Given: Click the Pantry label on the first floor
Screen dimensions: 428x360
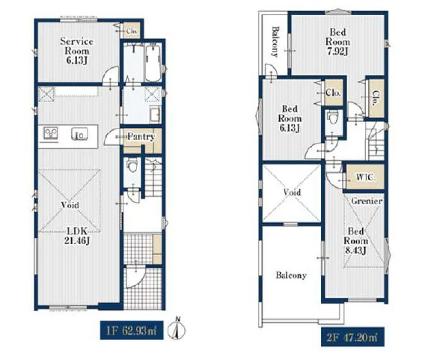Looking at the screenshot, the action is pos(141,136).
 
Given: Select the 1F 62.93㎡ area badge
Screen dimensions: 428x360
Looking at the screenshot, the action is pos(132,330).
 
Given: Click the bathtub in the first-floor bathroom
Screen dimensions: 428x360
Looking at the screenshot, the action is pos(152,63).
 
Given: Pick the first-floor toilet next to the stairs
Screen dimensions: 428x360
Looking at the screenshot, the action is pos(132,165).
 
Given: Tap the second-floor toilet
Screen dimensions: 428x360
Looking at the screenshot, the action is pos(332,118).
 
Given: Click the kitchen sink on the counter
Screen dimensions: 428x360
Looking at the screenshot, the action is pos(80,134).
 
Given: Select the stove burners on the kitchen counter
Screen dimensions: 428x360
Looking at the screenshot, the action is pos(51,134).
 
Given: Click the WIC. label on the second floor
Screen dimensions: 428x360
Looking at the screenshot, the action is pos(365,178).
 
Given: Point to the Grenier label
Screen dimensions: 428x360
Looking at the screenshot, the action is pos(366,201).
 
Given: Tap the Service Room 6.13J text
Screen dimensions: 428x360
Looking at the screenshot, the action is pos(77,51).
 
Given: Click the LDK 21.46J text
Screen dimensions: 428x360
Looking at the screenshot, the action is pos(77,236).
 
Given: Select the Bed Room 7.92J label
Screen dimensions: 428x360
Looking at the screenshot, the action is pos(338,42).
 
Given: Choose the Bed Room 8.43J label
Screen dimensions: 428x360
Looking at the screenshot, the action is pos(355,241).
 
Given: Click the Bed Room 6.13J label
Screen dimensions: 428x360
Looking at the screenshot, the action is pos(289,119).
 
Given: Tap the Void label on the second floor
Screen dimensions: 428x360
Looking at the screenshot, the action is pos(292,193).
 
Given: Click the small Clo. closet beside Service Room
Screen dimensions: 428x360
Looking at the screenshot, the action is pos(132,31).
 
